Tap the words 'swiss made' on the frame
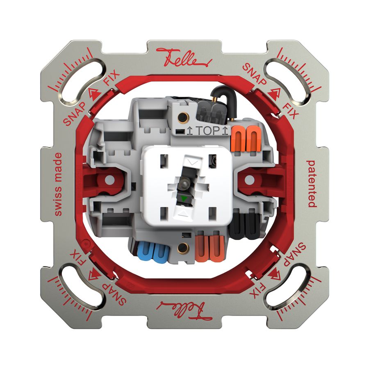pyautogui.click(x=58, y=184)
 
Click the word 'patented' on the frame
pyautogui.click(x=311, y=184)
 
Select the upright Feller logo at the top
pyautogui.click(x=184, y=57)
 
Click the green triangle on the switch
pyautogui.click(x=184, y=199)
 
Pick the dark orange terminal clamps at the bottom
pyautogui.click(x=210, y=248)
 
